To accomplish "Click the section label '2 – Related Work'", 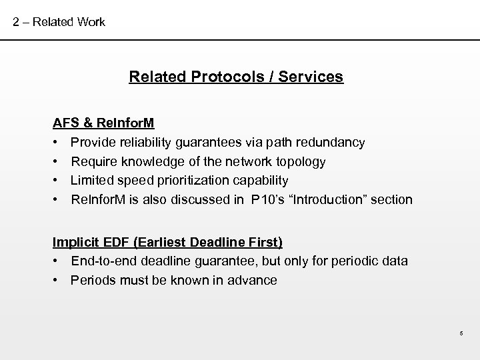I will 59,22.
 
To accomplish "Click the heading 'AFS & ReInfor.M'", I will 104,123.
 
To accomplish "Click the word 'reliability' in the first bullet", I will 144,143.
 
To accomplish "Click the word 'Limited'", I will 91,181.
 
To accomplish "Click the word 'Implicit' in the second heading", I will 75,241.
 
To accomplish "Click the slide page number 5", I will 461,334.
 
